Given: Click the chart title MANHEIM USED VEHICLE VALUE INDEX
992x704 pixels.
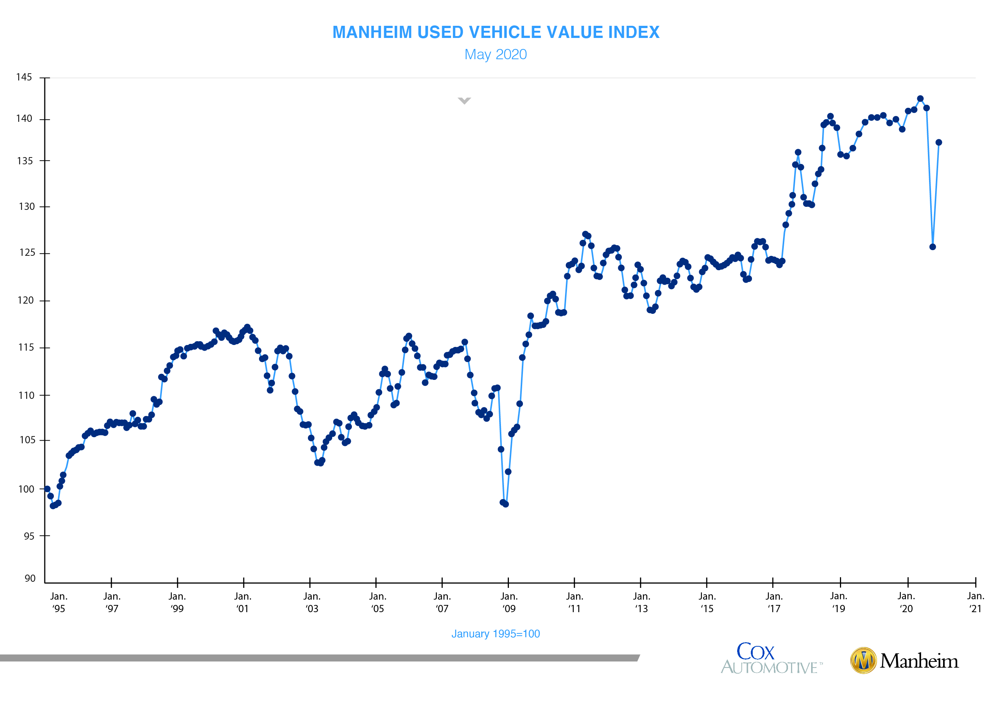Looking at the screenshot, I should point(496,33).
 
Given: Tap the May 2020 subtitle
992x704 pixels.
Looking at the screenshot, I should point(496,55).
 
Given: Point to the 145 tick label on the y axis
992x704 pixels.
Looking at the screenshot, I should point(24,77).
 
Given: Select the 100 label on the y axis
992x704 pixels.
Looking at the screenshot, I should point(26,490).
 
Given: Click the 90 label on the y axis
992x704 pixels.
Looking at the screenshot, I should point(30,578).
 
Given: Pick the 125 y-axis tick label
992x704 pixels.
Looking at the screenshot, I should point(27,253).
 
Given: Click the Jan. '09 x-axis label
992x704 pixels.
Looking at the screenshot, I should point(509,603).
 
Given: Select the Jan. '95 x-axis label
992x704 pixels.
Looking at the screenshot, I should point(58,603).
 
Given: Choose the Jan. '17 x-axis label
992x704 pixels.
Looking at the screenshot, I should point(774,603).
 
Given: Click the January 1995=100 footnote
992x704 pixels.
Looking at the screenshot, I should point(496,634).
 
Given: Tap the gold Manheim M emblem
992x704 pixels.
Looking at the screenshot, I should point(863,661).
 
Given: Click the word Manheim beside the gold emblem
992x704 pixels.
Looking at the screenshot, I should point(919,661).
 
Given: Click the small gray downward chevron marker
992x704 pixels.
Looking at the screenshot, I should point(464,101).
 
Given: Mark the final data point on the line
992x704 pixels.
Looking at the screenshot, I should point(939,142).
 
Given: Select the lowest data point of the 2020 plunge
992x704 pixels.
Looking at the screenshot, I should point(932,247).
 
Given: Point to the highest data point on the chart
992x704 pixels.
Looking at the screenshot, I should point(920,99).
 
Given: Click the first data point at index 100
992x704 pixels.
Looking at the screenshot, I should point(47,489).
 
